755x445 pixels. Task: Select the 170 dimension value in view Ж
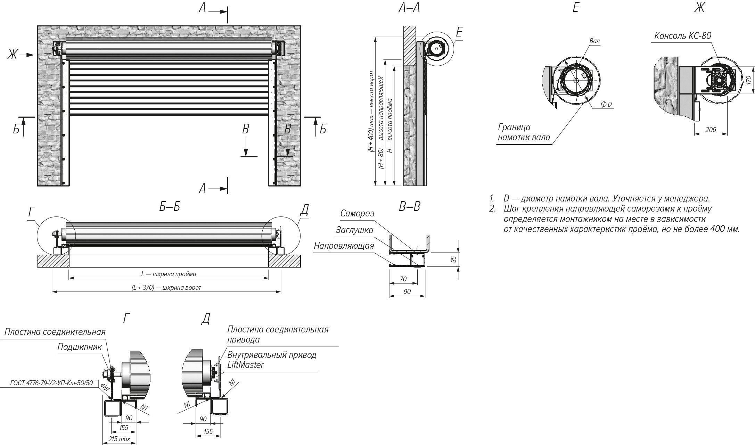click(x=749, y=80)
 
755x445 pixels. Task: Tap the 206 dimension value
click(x=711, y=130)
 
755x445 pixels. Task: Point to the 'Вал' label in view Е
click(x=594, y=41)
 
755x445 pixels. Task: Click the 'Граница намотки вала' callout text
click(x=524, y=132)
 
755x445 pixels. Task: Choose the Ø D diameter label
click(x=606, y=104)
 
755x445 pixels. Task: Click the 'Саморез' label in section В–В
click(x=357, y=213)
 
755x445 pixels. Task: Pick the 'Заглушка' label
click(x=354, y=230)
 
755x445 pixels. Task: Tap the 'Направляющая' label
click(x=344, y=246)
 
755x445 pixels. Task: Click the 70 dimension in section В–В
click(x=403, y=279)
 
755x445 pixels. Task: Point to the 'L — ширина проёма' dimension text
click(x=169, y=274)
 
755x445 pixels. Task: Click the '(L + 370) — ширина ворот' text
click(x=166, y=288)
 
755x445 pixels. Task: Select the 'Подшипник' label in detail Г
click(x=80, y=347)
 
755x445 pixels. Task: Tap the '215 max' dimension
click(x=119, y=439)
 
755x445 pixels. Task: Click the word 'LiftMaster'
click(x=246, y=365)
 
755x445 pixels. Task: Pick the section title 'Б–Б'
click(x=170, y=207)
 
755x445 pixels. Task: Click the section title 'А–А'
click(x=409, y=8)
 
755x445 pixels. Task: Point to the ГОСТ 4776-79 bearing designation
click(x=52, y=383)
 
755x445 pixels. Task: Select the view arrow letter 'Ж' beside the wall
click(x=13, y=55)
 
